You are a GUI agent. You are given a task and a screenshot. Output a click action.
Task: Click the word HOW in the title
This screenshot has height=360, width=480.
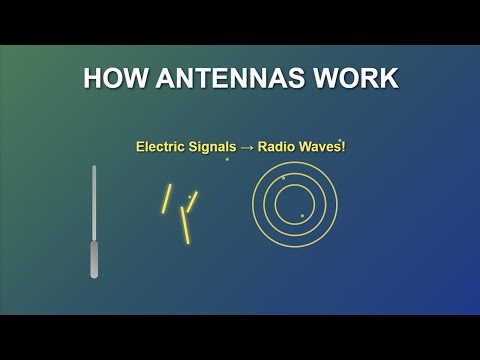(x=110, y=79)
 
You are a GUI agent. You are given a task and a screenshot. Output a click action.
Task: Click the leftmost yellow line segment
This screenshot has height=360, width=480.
(x=167, y=198)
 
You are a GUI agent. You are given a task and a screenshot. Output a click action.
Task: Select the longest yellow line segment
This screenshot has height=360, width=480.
(x=185, y=225)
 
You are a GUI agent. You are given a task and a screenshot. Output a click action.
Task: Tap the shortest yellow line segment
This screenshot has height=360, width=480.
(x=193, y=201)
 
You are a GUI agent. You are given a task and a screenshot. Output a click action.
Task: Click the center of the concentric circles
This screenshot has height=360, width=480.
(x=294, y=203)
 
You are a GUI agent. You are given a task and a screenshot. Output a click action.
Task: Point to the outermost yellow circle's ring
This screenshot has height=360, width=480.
(x=252, y=203)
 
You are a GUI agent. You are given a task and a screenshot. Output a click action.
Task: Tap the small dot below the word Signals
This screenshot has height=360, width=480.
(x=227, y=159)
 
